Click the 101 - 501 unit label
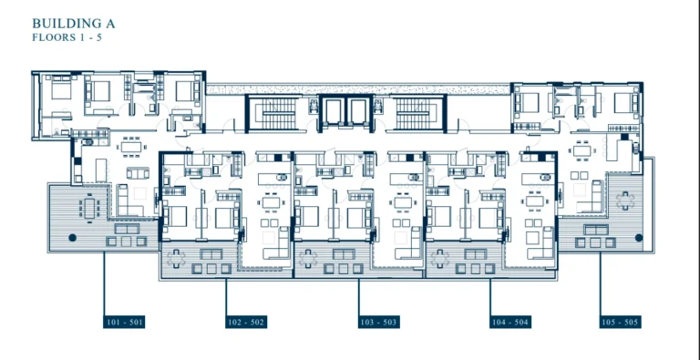124,322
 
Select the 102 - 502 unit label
246,322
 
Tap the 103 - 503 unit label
378,322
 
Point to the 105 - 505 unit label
620,322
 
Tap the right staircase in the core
418,113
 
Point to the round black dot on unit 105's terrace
638,237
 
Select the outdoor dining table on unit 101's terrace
91,209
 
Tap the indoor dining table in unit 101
134,146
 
